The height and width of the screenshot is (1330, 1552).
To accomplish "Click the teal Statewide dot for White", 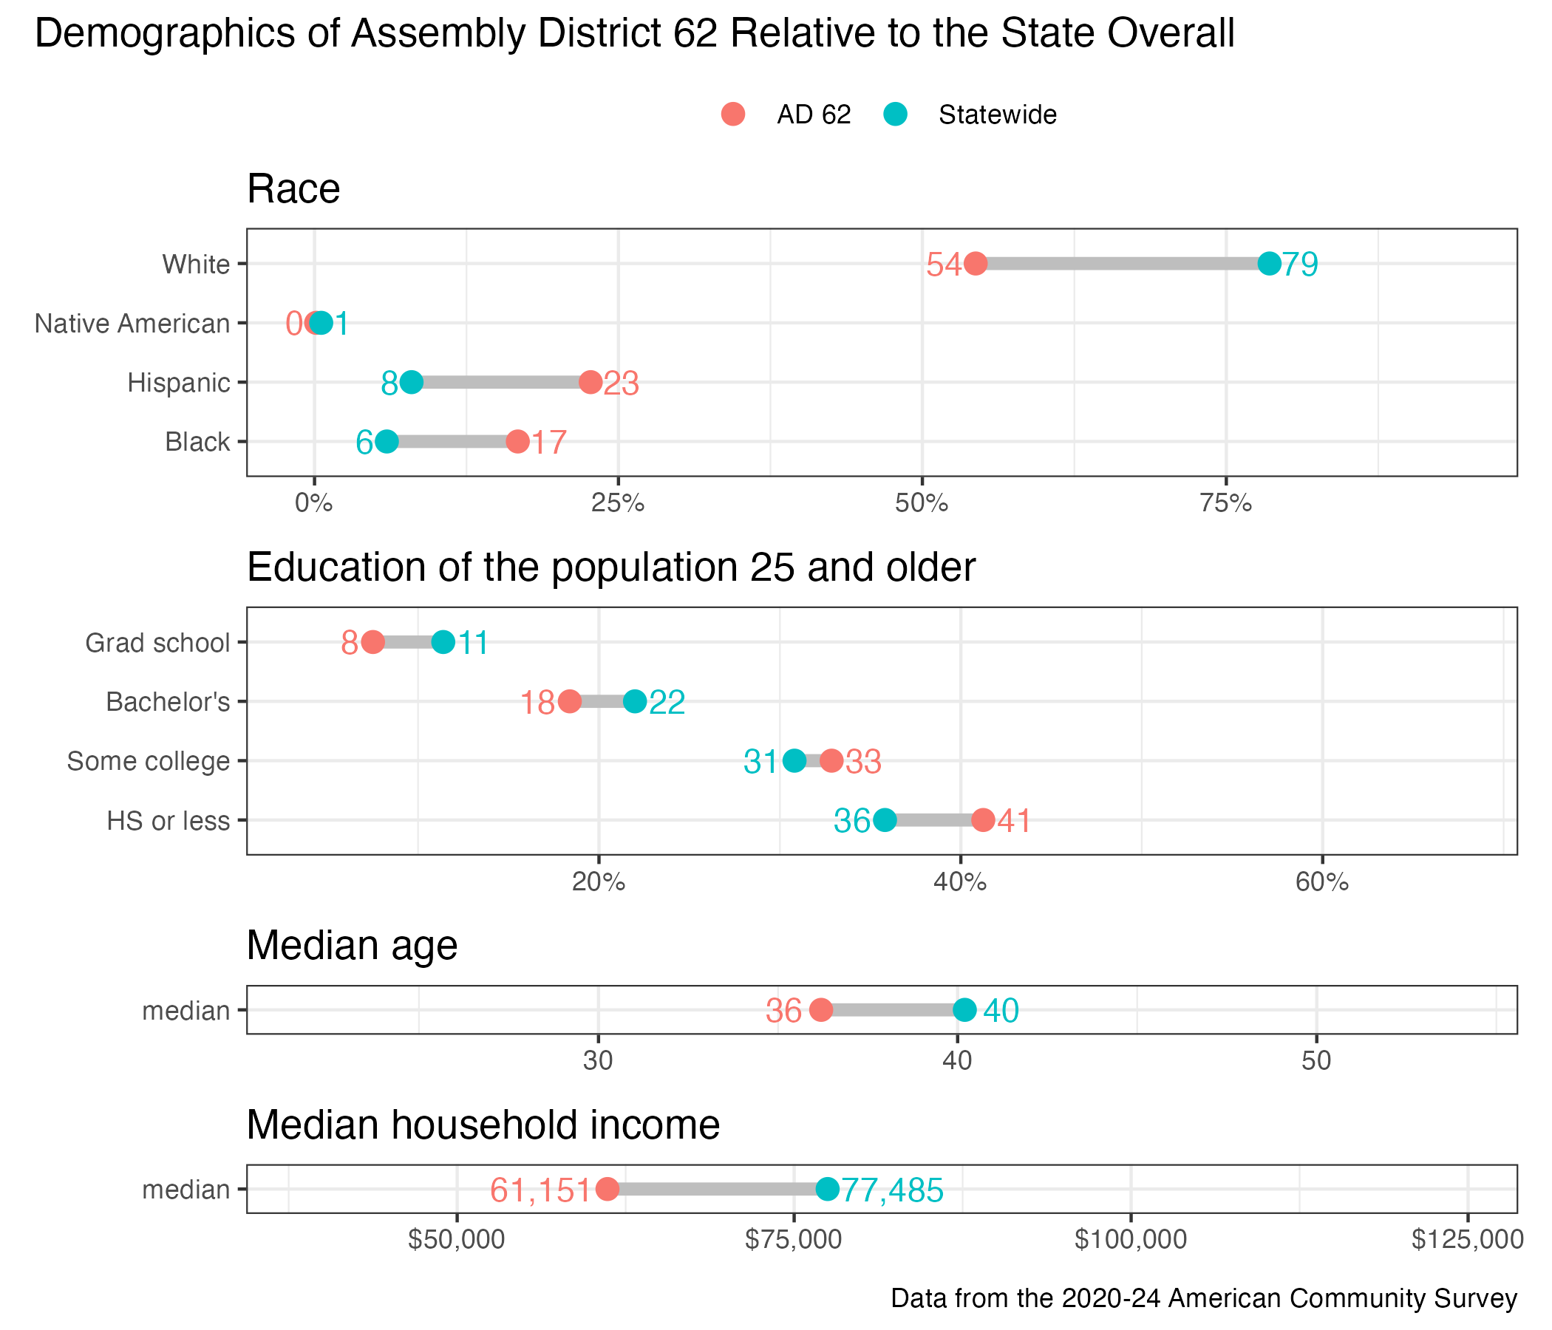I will point(1269,264).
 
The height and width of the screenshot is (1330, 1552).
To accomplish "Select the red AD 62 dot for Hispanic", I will point(590,383).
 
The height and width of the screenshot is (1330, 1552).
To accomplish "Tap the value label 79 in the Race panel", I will point(1299,265).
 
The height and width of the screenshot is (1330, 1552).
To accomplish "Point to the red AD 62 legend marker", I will point(732,115).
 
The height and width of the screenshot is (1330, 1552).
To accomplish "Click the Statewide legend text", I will point(997,115).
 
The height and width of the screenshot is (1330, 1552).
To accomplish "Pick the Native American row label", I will point(132,324).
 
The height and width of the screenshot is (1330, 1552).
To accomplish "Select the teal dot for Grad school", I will point(443,643).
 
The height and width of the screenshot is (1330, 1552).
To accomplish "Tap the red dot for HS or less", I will point(983,821).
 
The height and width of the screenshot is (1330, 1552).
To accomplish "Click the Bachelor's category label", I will point(168,703).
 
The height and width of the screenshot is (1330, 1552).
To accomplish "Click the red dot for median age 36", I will point(821,1010).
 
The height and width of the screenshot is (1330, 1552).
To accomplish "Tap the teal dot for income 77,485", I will point(827,1189).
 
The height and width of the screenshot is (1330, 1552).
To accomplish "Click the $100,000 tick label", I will point(1130,1240).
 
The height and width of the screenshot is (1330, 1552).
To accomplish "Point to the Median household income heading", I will point(483,1125).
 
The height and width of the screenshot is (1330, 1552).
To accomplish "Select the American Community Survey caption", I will point(1204,1298).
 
